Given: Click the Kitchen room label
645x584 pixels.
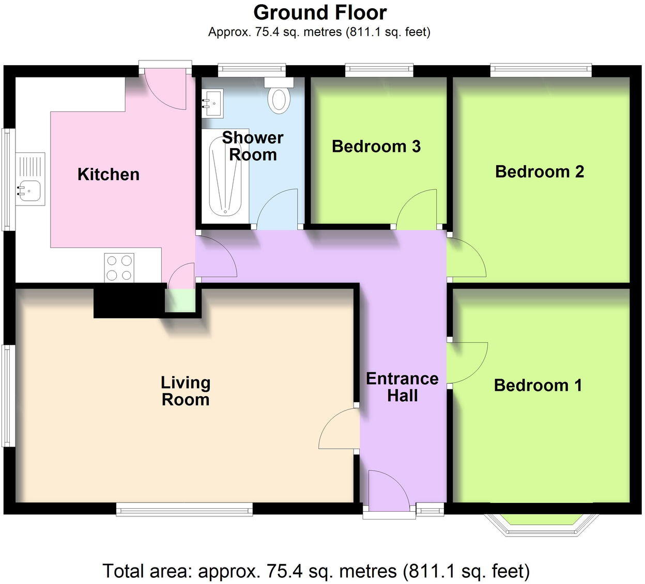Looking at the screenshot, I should pyautogui.click(x=109, y=175).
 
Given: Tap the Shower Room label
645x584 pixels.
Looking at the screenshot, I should pyautogui.click(x=253, y=146).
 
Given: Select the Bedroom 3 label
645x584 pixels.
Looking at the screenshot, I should pyautogui.click(x=376, y=147).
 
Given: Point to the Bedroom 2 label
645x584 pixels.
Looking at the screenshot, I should pyautogui.click(x=540, y=171).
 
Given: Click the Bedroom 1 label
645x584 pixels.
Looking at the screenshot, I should pyautogui.click(x=538, y=385).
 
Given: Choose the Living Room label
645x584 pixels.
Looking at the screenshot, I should pyautogui.click(x=186, y=391).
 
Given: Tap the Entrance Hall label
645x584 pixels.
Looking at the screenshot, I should pyautogui.click(x=402, y=387).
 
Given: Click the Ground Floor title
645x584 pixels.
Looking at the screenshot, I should pyautogui.click(x=320, y=12).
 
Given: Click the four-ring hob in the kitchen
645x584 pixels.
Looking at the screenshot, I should pyautogui.click(x=119, y=267).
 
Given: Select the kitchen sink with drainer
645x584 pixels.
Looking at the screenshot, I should pyautogui.click(x=30, y=179).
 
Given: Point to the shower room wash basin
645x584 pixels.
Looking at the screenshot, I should pyautogui.click(x=212, y=103).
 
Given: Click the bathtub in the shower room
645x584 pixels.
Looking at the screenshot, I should pyautogui.click(x=225, y=176).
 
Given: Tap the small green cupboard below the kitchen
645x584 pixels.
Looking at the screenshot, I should pyautogui.click(x=180, y=301).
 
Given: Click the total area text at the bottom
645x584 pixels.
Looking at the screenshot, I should pyautogui.click(x=316, y=571).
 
